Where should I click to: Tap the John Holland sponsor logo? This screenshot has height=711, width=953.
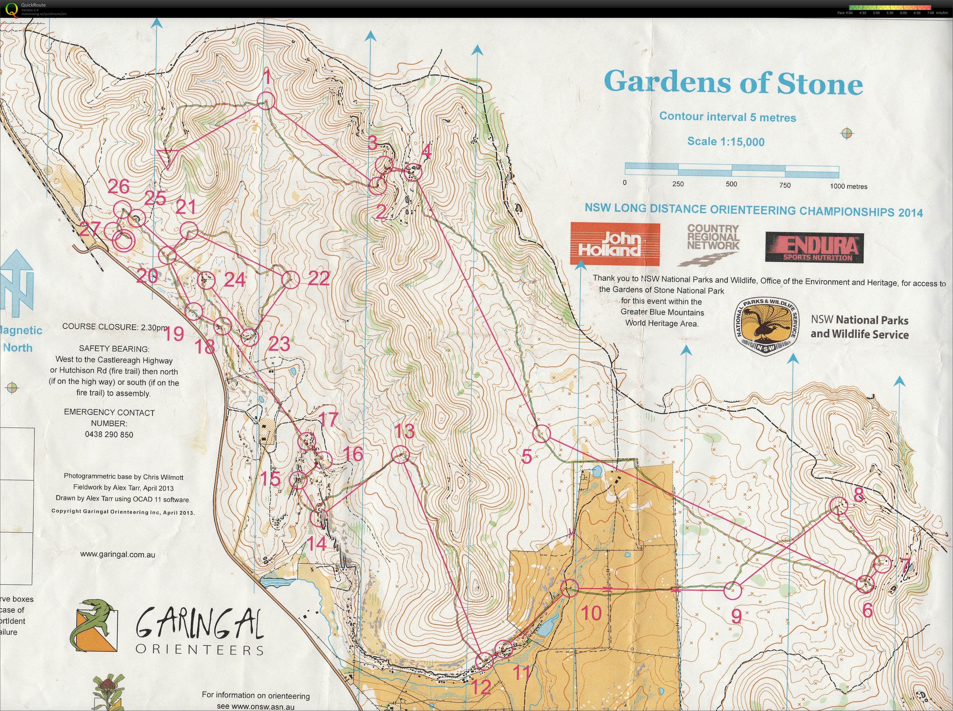pos(615,244)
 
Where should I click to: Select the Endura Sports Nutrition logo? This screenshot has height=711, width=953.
pos(814,247)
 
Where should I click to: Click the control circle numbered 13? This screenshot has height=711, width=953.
pos(401,454)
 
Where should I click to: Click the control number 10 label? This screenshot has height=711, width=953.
pos(591,613)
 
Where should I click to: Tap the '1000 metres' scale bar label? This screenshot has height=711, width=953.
pos(848,186)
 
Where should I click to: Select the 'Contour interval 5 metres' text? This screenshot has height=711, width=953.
pos(727,117)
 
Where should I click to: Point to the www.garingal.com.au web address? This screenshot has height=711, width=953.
pos(118,554)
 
